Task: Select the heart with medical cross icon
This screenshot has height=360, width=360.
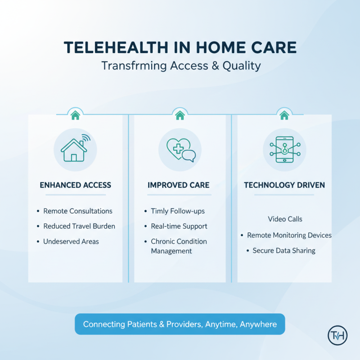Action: pyautogui.click(x=180, y=149)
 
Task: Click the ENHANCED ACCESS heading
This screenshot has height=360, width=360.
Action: pyautogui.click(x=75, y=185)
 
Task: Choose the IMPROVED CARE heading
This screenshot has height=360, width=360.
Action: pyautogui.click(x=178, y=185)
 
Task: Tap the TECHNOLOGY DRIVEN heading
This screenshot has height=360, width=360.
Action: pyautogui.click(x=284, y=185)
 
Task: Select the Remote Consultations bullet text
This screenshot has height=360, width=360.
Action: pyautogui.click(x=78, y=211)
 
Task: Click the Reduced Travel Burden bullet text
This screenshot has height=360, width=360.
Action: pyautogui.click(x=79, y=226)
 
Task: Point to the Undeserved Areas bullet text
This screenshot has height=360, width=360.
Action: pyautogui.click(x=71, y=242)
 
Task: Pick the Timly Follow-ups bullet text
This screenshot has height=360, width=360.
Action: pyautogui.click(x=178, y=211)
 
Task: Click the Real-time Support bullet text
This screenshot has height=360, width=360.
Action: pyautogui.click(x=179, y=226)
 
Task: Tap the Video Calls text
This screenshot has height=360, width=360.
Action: pyautogui.click(x=285, y=219)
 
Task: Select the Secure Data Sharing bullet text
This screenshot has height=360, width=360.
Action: pyautogui.click(x=284, y=251)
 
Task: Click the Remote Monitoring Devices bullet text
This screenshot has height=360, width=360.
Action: pyautogui.click(x=289, y=235)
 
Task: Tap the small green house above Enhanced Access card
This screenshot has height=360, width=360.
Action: pyautogui.click(x=75, y=116)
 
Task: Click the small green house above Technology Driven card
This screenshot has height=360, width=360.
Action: pyautogui.click(x=284, y=116)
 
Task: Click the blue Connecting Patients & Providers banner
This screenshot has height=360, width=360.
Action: pyautogui.click(x=180, y=324)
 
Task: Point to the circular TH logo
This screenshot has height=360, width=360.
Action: pyautogui.click(x=337, y=335)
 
